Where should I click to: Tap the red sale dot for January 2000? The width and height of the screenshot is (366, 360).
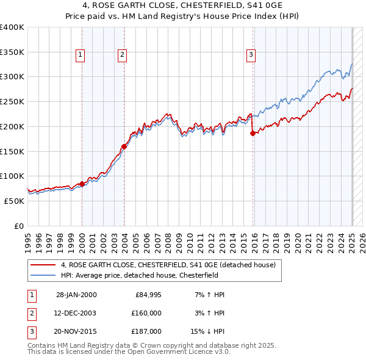pyautogui.click(x=82, y=184)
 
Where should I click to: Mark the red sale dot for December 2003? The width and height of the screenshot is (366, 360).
pyautogui.click(x=124, y=146)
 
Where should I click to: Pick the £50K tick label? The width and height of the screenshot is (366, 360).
pyautogui.click(x=15, y=201)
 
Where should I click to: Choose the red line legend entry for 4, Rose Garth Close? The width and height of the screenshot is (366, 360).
pyautogui.click(x=168, y=265)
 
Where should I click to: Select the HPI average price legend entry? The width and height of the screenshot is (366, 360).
pyautogui.click(x=143, y=275)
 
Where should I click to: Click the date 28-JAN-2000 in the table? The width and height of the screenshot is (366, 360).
pyautogui.click(x=76, y=295)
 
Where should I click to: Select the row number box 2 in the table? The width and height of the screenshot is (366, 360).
pyautogui.click(x=31, y=312)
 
